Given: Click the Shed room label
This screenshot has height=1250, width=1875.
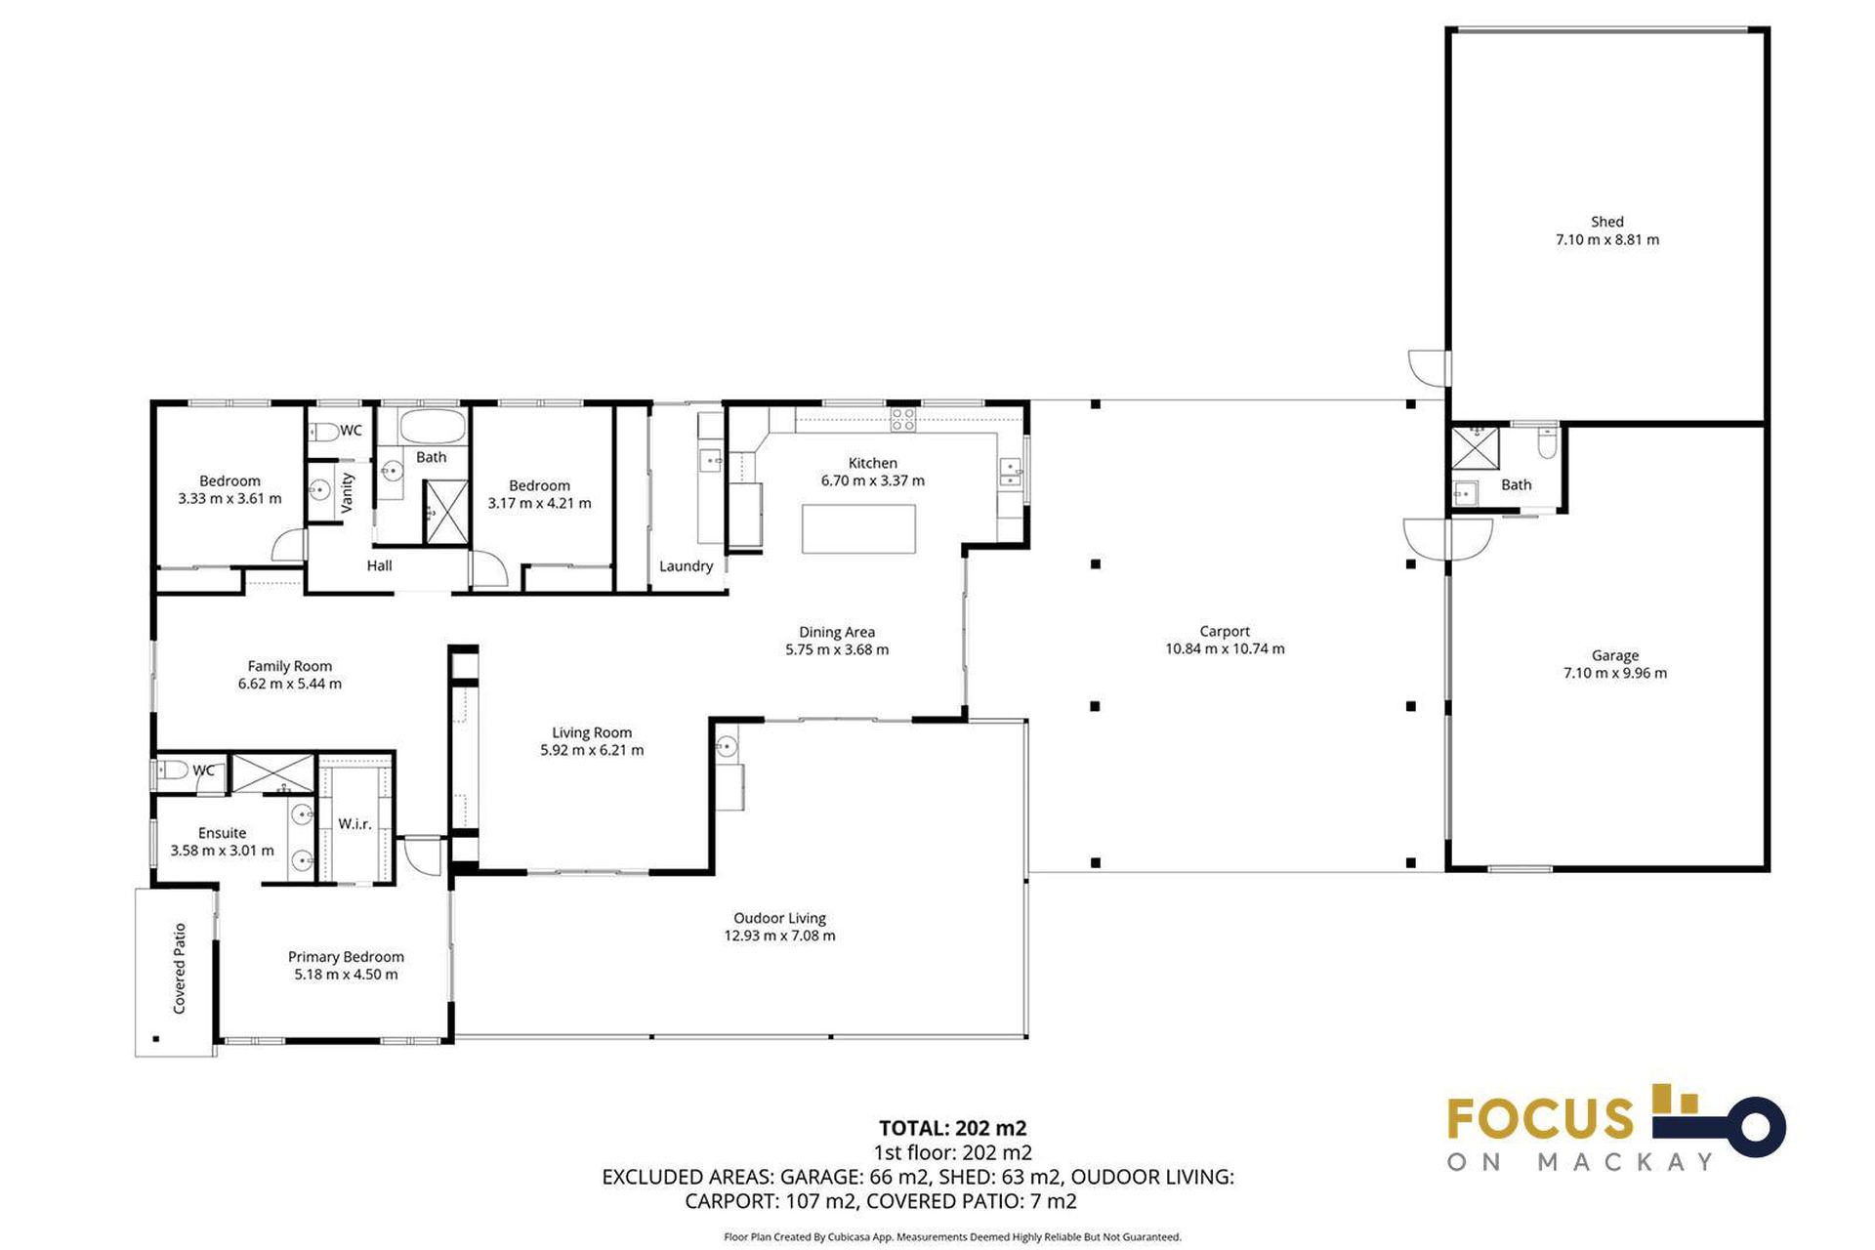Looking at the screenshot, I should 1606,222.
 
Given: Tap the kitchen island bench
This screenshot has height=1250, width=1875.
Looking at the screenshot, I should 858,528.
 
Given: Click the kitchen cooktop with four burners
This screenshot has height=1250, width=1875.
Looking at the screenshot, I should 903,420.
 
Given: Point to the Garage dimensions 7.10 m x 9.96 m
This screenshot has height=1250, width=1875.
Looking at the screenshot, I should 1614,673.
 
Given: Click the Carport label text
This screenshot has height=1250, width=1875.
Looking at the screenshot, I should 1225,631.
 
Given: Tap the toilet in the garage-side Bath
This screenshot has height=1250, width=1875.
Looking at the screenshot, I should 1547,444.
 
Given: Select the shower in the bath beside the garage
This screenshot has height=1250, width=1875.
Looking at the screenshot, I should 1474,448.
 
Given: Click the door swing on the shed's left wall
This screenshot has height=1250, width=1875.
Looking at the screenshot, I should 1428,366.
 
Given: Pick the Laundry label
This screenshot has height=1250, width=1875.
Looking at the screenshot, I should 686,566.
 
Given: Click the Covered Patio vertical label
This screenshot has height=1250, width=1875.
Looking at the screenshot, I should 180,968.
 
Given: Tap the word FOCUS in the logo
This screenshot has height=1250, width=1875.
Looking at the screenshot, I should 1539,1119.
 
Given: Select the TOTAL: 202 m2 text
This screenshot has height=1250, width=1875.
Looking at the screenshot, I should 952,1128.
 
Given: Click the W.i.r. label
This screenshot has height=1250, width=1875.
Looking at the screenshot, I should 354,824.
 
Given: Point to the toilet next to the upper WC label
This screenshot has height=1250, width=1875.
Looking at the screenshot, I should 323,431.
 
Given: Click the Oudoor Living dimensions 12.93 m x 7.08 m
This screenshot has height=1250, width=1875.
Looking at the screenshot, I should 779,936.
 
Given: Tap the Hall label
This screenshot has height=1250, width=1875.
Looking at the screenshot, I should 379,565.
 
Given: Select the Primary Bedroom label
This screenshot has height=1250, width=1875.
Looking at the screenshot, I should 346,957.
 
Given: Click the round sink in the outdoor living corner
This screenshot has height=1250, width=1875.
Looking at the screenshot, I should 725,747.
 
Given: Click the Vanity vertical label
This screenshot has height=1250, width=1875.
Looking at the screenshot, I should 347,492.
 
